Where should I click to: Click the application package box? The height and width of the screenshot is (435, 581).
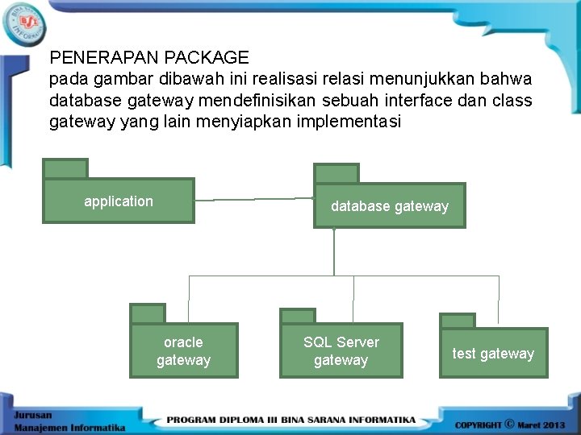pyautogui.click(x=119, y=201)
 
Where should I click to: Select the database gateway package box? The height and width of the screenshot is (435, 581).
pyautogui.click(x=389, y=206)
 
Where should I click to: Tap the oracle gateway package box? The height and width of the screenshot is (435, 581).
pyautogui.click(x=184, y=350)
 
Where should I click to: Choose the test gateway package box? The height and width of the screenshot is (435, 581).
pyautogui.click(x=493, y=353)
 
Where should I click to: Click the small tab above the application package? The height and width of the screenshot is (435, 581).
pyautogui.click(x=65, y=168)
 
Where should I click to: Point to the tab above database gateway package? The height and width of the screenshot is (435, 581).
pyautogui.click(x=336, y=173)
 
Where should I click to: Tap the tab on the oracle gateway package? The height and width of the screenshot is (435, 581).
pyautogui.click(x=148, y=313)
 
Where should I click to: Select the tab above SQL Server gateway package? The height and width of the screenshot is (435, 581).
pyautogui.click(x=297, y=316)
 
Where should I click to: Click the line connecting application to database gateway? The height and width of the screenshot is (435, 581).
pyautogui.click(x=254, y=198)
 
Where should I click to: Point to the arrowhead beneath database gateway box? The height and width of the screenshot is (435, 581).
pyautogui.click(x=333, y=231)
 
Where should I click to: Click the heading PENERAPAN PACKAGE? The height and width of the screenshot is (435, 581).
pyautogui.click(x=149, y=58)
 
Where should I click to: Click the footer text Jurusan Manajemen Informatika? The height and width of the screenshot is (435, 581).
pyautogui.click(x=69, y=421)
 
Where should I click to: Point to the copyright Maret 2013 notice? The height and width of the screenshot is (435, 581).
pyautogui.click(x=510, y=424)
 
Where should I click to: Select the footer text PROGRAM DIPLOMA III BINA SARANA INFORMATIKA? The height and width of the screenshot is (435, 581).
pyautogui.click(x=290, y=420)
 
